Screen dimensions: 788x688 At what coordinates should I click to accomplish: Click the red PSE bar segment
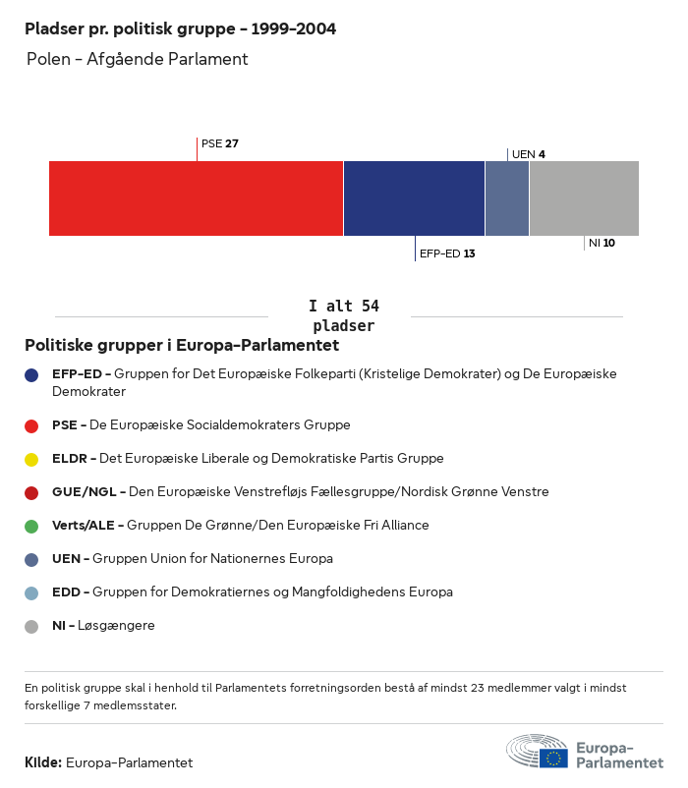pos(196,198)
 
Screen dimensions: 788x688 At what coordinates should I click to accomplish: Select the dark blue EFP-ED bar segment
pos(414,198)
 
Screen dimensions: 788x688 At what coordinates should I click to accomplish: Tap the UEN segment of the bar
pos(507,198)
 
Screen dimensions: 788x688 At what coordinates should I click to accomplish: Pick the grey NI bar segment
pos(584,198)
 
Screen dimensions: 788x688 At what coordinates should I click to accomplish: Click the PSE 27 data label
pos(220,143)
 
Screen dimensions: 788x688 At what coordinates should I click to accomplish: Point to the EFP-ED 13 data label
pos(447,253)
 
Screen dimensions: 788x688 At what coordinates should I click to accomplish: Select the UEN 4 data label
pos(529,154)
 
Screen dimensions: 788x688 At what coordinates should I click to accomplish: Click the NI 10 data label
pos(602,243)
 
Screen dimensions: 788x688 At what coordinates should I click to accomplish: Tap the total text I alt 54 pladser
pos(343,316)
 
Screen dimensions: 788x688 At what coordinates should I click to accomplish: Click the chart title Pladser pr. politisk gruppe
pos(180,29)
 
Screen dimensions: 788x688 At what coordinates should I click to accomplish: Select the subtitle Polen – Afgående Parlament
pos(138,60)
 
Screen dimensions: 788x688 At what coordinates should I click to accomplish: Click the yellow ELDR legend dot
pos(31,459)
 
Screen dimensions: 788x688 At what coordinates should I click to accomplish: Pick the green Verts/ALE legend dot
pos(31,526)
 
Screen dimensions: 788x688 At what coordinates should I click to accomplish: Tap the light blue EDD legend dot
pos(31,592)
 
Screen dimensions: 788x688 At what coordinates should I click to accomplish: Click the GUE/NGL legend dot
pos(31,492)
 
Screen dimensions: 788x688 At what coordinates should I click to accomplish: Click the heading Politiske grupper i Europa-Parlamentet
pos(182,346)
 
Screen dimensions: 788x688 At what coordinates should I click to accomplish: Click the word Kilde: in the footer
pos(43,762)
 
